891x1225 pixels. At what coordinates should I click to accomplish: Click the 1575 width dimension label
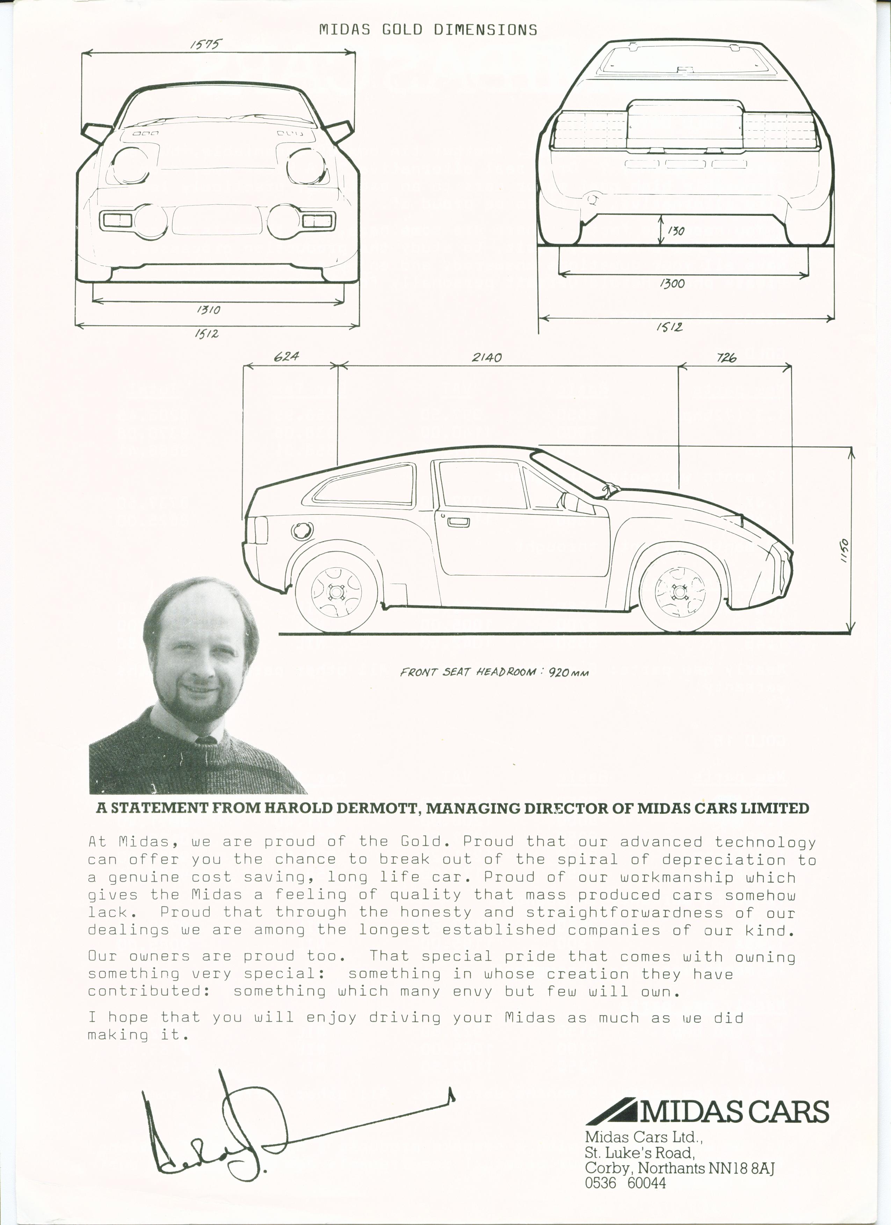(205, 44)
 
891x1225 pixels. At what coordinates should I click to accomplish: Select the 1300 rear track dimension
(672, 283)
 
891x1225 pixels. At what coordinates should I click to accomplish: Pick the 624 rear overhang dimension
(287, 357)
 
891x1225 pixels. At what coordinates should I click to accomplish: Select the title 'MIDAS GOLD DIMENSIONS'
(428, 30)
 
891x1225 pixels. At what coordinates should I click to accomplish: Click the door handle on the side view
(458, 521)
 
